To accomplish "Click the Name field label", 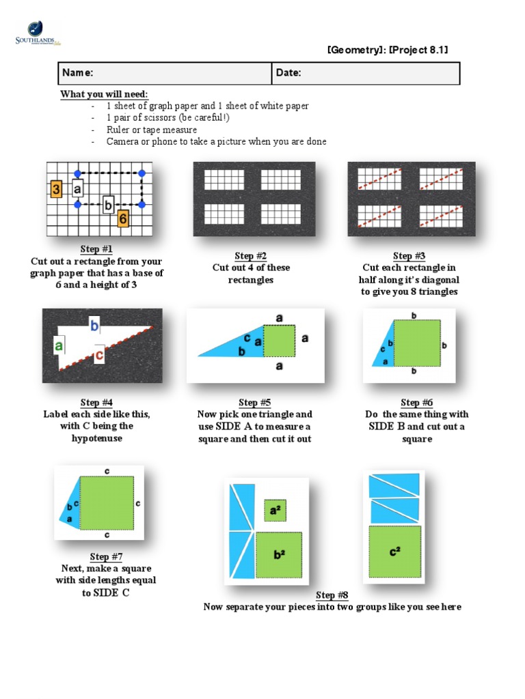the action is coord(78,72).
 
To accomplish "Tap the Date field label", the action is coord(288,72).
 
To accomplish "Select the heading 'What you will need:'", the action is coord(104,94).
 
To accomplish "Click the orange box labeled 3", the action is coord(56,189).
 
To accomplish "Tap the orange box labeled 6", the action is coord(123,218).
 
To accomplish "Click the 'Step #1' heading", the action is coord(96,248).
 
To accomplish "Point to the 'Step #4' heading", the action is coord(96,403).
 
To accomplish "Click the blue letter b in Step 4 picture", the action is coord(94,326).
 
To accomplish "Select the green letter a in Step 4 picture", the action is coord(59,345).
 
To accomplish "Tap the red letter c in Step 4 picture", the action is coord(99,354).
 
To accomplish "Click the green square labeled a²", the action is coord(275,510).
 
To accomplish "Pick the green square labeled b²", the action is coord(279,554).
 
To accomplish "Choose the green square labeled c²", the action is coord(394,552).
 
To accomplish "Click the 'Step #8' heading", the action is coord(332,595).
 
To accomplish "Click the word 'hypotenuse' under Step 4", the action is coord(97,438).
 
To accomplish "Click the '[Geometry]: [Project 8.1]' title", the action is coord(388,49).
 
